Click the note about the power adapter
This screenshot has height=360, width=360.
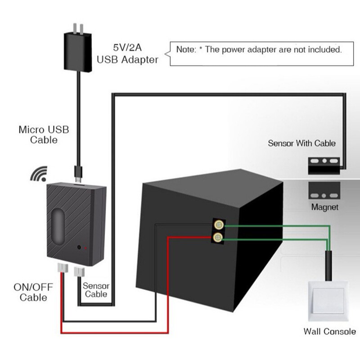pyautogui.click(x=259, y=49)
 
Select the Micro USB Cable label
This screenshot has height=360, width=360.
pyautogui.click(x=44, y=135)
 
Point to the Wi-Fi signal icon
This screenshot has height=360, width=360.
pyautogui.click(x=39, y=174)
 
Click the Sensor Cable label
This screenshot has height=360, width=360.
pyautogui.click(x=96, y=290)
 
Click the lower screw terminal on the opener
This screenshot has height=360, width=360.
pyautogui.click(x=219, y=237)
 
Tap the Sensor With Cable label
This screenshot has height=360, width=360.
pyautogui.click(x=301, y=143)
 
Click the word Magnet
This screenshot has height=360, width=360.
pyautogui.click(x=324, y=207)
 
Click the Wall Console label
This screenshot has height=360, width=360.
pyautogui.click(x=329, y=332)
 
